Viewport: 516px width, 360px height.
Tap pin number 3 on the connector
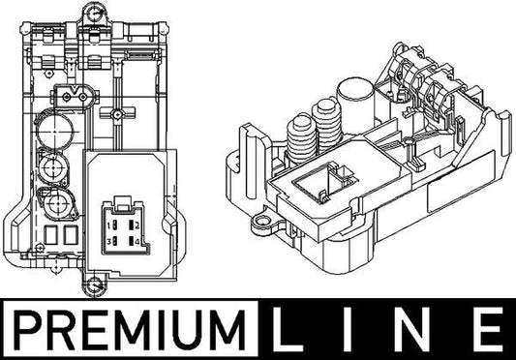tap(114, 240)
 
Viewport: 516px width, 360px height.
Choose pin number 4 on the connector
tap(139, 240)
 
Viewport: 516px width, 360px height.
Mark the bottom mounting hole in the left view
tap(92, 285)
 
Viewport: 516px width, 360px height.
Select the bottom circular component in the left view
tap(52, 204)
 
